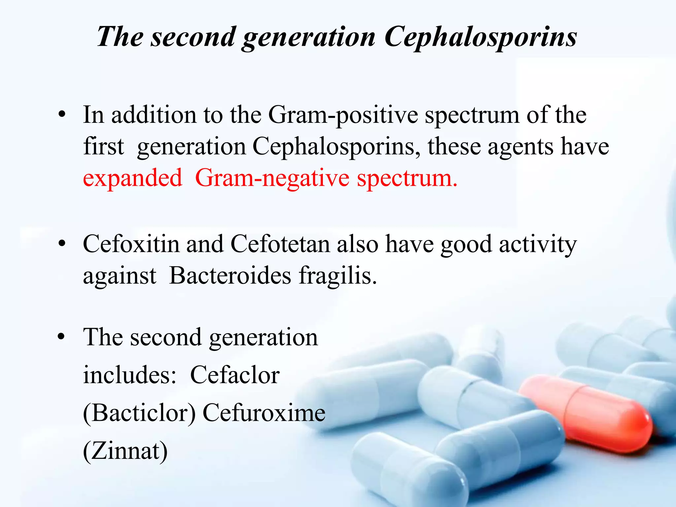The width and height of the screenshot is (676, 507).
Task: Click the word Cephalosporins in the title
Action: point(480,37)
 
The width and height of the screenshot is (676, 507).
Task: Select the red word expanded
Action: point(132,178)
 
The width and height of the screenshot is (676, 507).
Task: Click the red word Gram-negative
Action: point(272,178)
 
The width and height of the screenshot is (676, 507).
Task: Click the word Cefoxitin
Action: point(131,244)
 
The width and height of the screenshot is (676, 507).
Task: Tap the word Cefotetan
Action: point(280,244)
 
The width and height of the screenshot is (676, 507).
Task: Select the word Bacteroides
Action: point(230,276)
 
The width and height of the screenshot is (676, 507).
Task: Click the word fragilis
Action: point(338,276)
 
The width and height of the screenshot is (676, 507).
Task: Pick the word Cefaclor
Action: point(235,375)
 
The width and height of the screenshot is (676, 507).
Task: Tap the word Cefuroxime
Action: point(264,413)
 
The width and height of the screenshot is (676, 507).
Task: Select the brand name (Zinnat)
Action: point(125,451)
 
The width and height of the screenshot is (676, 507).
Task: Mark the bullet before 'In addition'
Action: point(62,115)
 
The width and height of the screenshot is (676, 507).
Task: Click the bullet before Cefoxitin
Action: point(62,245)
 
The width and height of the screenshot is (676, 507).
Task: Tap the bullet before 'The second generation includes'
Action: point(62,337)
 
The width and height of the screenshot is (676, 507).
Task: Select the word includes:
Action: point(129,375)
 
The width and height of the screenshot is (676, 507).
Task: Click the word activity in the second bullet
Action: point(538,244)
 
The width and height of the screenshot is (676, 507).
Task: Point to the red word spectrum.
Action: point(407,178)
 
